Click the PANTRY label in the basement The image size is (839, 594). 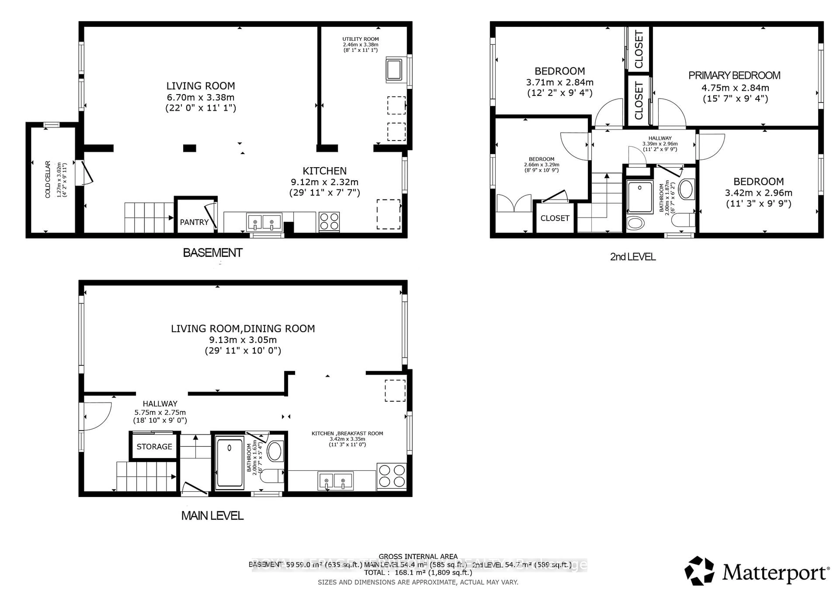pyautogui.click(x=194, y=222)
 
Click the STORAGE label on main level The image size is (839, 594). pyautogui.click(x=154, y=447)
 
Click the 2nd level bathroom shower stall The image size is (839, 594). pyautogui.click(x=640, y=197)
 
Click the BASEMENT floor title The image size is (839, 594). pyautogui.click(x=212, y=253)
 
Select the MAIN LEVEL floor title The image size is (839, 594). pyautogui.click(x=212, y=516)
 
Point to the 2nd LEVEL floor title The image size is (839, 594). pyautogui.click(x=633, y=257)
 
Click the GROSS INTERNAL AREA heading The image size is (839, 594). pyautogui.click(x=418, y=556)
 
